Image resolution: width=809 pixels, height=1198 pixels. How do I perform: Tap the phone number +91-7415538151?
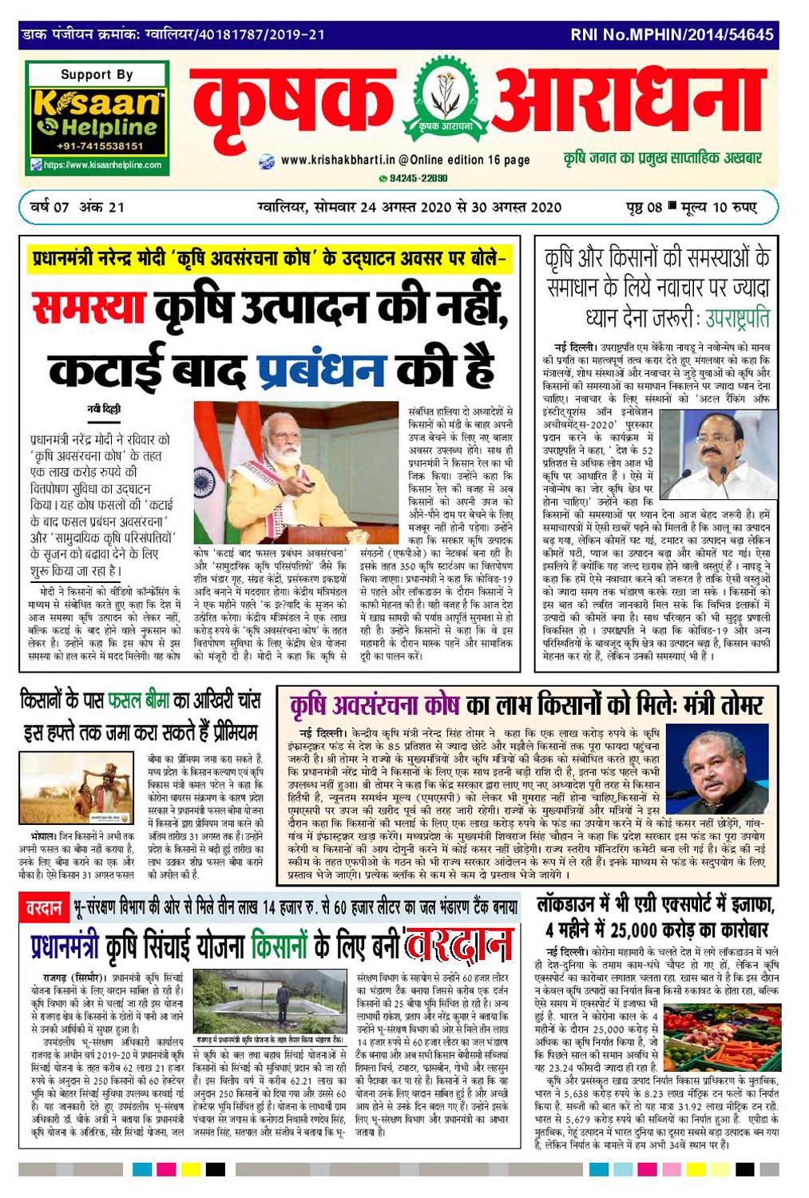(x=100, y=146)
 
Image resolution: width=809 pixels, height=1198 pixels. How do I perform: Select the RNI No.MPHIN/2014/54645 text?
(x=672, y=35)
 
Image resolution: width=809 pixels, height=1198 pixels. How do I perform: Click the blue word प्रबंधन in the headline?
(x=321, y=369)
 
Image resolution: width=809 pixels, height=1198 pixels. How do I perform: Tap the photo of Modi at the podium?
(x=295, y=474)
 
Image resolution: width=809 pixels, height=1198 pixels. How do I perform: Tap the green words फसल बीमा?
(x=138, y=701)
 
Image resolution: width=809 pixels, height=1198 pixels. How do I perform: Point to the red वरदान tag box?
(x=43, y=908)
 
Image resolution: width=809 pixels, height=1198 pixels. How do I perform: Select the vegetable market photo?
(x=720, y=1032)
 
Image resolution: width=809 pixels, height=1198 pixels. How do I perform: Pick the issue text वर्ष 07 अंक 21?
(x=77, y=208)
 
